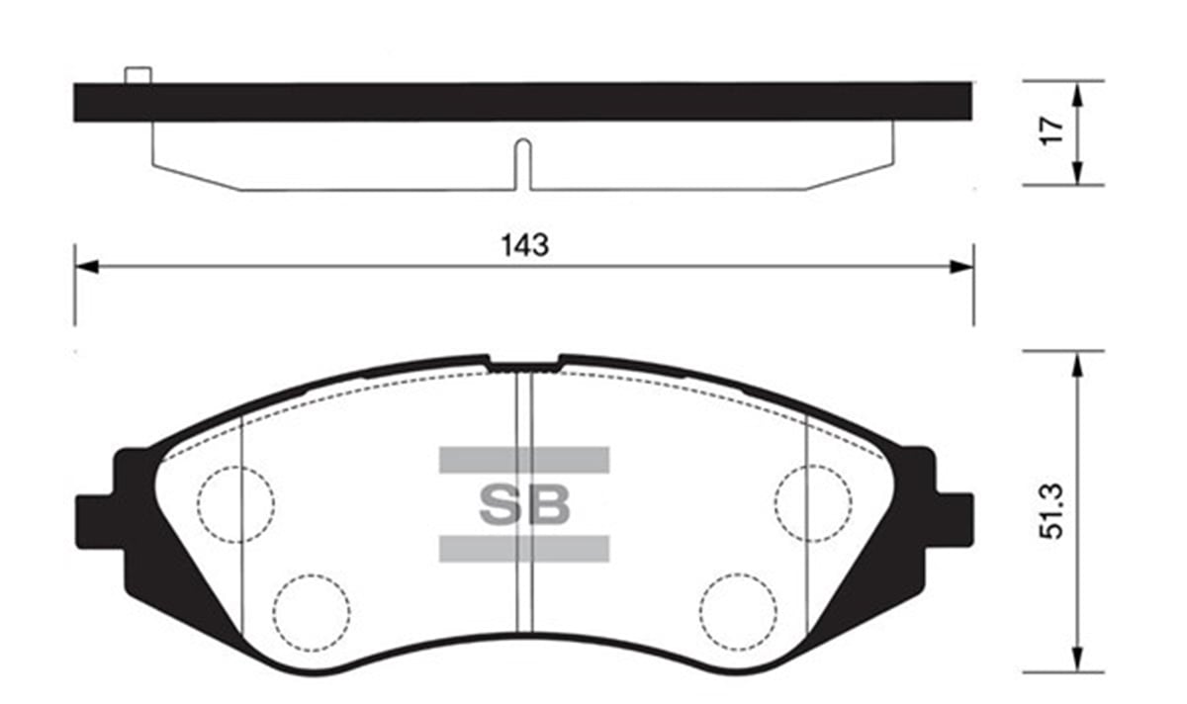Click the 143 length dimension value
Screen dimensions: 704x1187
524,245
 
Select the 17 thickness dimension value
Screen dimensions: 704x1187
1051,130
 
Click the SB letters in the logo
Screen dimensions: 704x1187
524,504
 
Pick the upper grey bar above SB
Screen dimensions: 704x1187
524,460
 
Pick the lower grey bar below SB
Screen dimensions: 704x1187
524,549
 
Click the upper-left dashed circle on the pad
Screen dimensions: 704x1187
235,503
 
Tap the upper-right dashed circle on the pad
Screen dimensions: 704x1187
813,503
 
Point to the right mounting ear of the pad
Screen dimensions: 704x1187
952,512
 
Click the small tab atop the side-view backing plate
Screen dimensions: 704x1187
137,74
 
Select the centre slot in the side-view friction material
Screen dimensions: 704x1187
524,163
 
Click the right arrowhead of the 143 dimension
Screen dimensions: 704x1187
961,266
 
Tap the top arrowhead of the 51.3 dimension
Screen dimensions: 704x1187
1076,364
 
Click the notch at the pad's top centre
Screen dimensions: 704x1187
524,365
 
